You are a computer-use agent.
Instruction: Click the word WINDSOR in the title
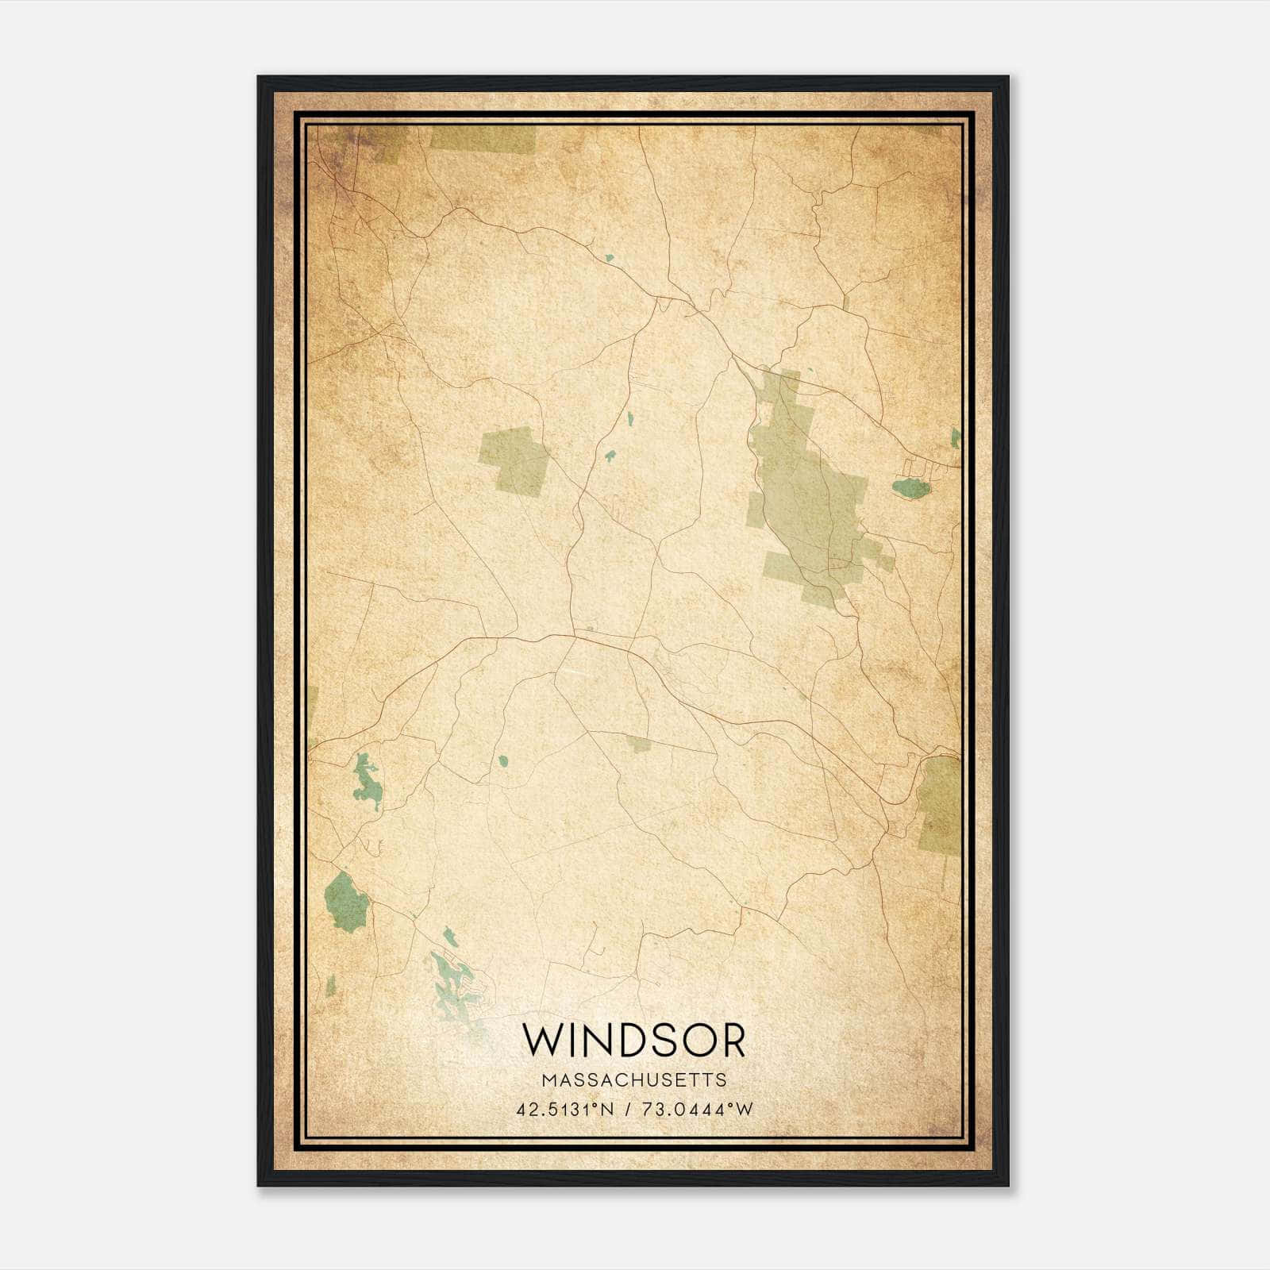pos(633,1041)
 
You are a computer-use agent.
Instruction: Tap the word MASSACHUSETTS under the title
pos(633,1079)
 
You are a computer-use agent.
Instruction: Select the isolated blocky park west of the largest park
pos(514,461)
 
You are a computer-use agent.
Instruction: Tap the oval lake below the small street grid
pos(910,488)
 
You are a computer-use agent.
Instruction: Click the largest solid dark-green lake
pos(346,902)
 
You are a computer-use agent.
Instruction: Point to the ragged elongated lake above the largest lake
pos(366,783)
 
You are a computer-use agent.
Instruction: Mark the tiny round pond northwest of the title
pos(502,761)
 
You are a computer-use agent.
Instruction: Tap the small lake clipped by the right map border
pos(956,437)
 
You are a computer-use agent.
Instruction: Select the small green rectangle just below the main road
pos(638,744)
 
